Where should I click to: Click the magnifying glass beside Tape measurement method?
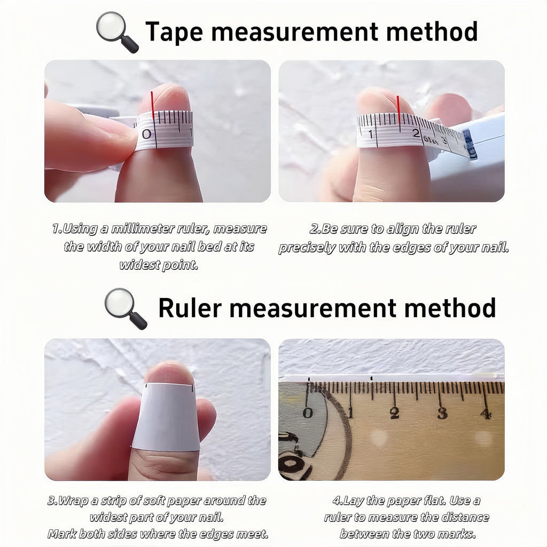tap(117, 32)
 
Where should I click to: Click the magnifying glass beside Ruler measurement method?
tap(126, 309)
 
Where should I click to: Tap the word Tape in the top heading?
tap(174, 32)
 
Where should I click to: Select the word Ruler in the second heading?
tap(190, 308)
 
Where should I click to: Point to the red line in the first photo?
tap(152, 105)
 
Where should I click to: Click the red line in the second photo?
tap(398, 110)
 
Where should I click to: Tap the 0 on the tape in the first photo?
tap(146, 134)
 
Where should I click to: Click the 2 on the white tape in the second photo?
tap(416, 133)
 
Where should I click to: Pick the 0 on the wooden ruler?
tap(307, 413)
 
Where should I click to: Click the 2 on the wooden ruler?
tap(395, 413)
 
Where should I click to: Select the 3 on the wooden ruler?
tap(442, 413)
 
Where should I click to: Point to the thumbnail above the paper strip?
tap(169, 372)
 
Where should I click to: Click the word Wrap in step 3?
tap(73, 501)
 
